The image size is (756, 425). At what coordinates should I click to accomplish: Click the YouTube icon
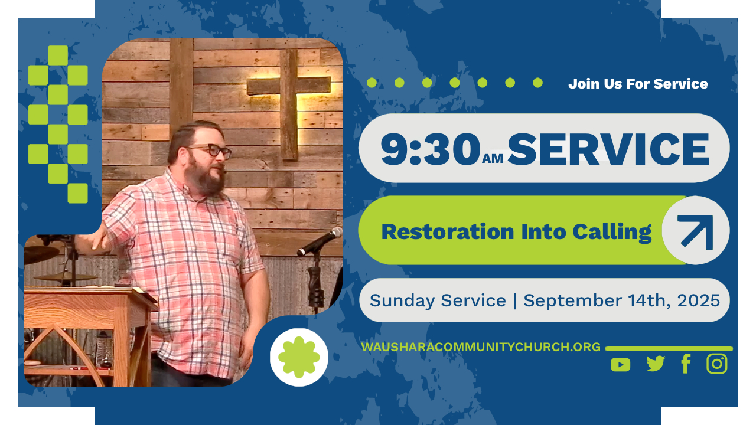620,365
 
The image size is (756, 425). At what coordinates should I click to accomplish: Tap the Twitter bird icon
656,364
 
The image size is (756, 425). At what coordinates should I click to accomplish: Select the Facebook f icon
686,364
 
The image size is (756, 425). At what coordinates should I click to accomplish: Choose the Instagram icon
717,364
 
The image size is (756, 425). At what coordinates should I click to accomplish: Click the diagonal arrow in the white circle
696,232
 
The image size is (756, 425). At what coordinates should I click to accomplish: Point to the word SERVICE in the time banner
608,149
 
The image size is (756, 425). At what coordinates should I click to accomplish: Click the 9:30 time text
431,149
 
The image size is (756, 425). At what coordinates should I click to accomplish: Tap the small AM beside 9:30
493,158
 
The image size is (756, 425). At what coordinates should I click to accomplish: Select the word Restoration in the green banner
448,232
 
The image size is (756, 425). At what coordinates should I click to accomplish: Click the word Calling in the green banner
612,233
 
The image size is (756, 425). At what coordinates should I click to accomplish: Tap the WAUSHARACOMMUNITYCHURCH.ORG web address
481,347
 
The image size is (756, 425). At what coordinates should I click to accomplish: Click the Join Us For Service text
638,84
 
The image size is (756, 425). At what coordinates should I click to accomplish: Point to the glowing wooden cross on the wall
289,100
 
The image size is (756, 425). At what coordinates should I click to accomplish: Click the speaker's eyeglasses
211,151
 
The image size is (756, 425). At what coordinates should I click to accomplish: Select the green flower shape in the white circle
299,357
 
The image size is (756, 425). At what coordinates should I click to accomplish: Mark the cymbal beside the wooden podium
66,277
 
